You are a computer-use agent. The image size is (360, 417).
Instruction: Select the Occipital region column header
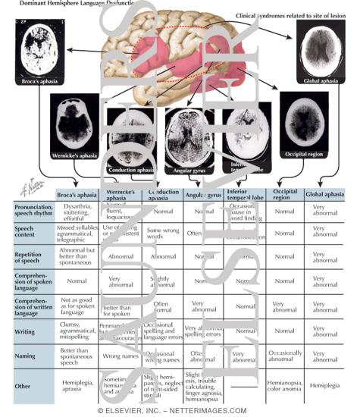point(284,195)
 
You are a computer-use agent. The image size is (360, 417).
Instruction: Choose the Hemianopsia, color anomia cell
point(284,385)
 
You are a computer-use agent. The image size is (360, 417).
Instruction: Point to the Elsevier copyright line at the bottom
point(180,410)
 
